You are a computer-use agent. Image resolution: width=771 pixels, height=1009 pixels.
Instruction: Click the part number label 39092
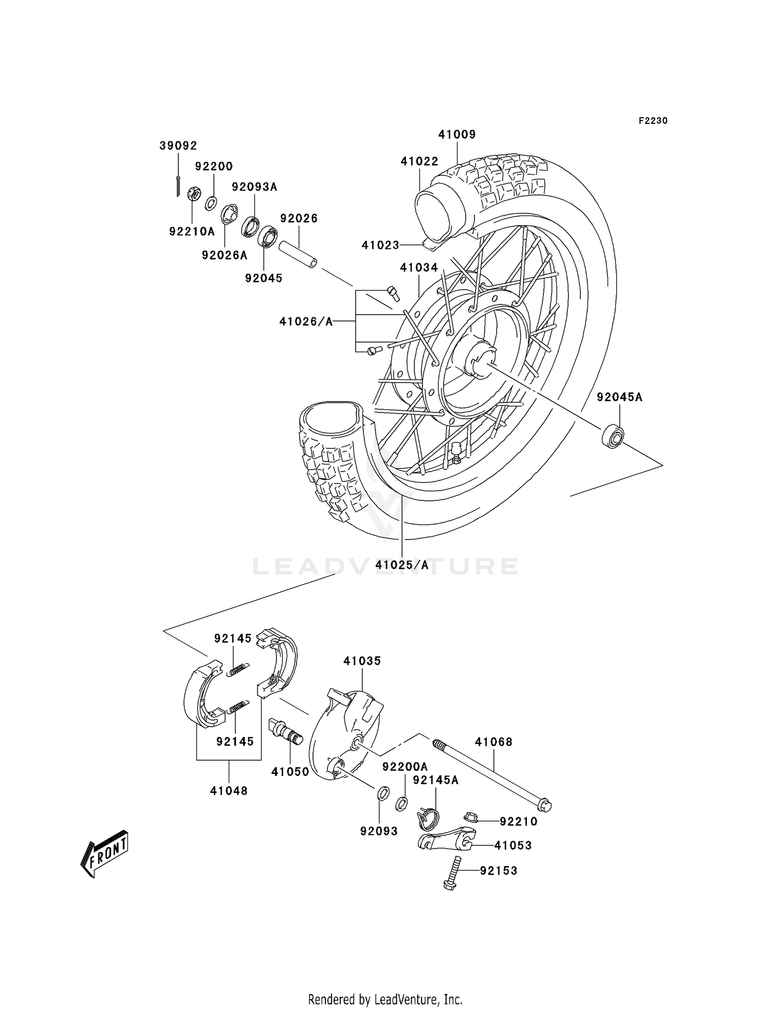click(x=178, y=146)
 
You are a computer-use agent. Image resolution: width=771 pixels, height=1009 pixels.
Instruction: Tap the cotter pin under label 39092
click(x=177, y=186)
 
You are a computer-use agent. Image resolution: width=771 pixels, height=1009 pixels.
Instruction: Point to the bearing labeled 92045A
click(x=613, y=436)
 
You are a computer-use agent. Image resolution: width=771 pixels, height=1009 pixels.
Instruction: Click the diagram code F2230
click(x=653, y=121)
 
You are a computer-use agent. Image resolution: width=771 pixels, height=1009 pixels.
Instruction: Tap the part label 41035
click(x=362, y=661)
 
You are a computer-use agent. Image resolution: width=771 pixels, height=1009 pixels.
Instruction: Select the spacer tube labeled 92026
click(x=298, y=255)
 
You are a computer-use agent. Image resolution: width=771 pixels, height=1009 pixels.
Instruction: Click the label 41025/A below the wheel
click(x=401, y=565)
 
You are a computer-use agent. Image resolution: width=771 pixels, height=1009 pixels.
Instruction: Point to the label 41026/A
click(x=306, y=321)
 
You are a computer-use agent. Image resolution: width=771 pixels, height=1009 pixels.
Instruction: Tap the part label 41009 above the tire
click(x=456, y=134)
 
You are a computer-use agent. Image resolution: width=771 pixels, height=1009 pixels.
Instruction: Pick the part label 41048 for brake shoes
click(x=229, y=791)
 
